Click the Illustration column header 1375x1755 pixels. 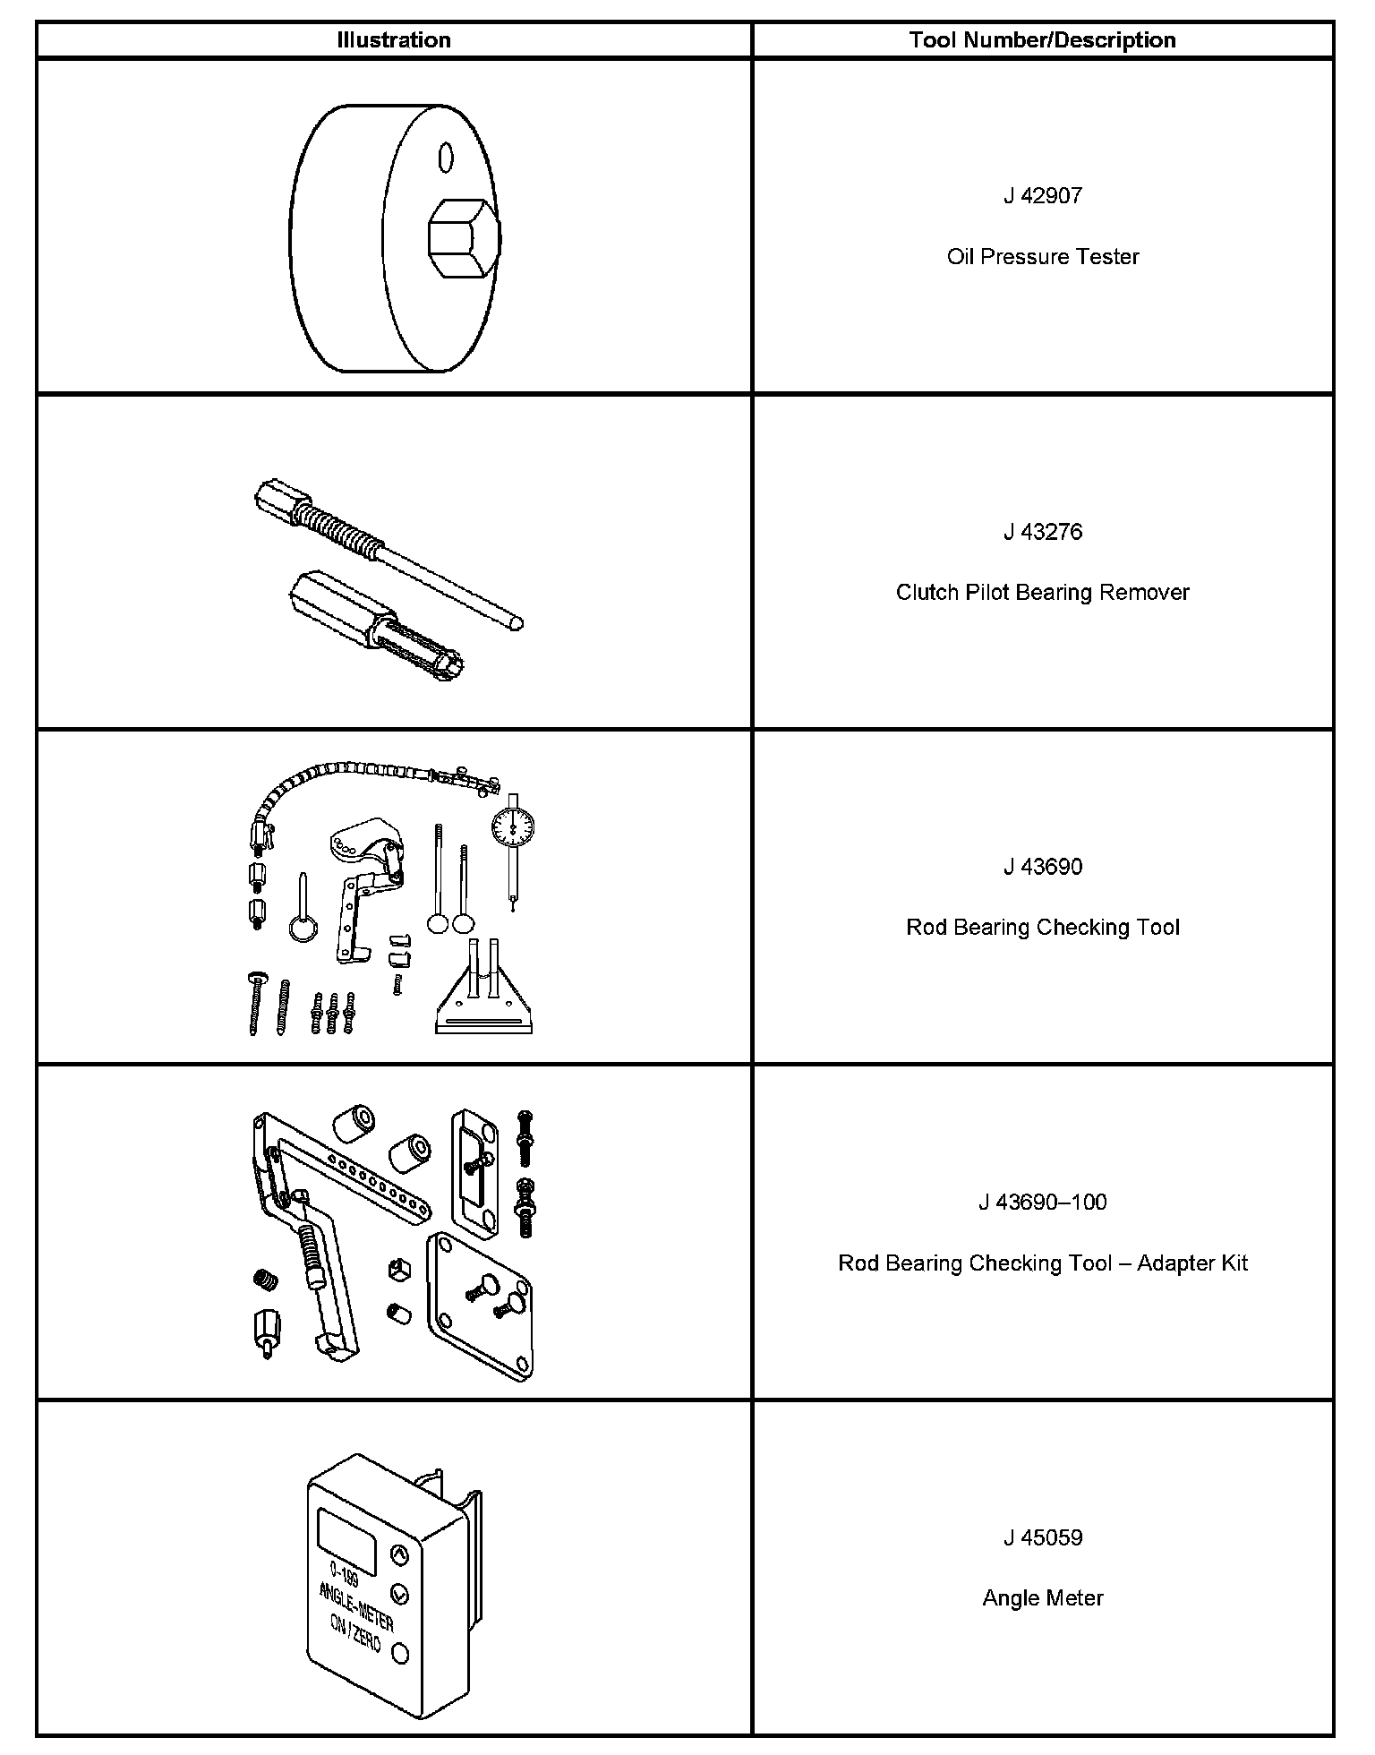click(x=393, y=40)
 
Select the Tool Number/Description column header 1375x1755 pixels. click(x=1042, y=40)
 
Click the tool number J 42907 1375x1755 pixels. click(x=1042, y=196)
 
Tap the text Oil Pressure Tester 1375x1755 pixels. click(x=1042, y=257)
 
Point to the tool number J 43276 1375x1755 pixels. click(x=1042, y=532)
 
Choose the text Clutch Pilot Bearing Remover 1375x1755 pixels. click(x=1042, y=593)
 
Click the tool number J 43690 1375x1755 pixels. click(x=1042, y=867)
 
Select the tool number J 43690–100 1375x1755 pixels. click(x=1042, y=1202)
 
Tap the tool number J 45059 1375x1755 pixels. click(x=1042, y=1537)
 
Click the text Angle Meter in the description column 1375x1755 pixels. click(x=1042, y=1598)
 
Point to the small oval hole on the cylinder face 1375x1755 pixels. click(x=444, y=158)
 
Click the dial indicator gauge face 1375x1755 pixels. click(x=512, y=831)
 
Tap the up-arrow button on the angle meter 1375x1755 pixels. click(x=400, y=1556)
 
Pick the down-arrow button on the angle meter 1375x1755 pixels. click(x=399, y=1594)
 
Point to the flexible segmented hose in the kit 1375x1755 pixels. click(x=340, y=776)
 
